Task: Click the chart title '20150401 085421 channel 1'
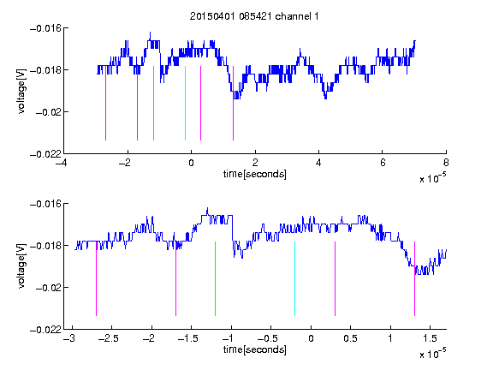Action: [x=254, y=16]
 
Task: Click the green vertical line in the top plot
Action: [x=153, y=103]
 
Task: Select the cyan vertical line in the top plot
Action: [x=185, y=103]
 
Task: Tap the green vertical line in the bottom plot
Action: [x=215, y=278]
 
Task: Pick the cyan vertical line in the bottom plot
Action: [x=294, y=278]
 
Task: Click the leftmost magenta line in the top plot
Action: [x=105, y=103]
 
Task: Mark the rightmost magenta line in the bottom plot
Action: [x=414, y=278]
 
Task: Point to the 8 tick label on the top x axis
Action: [x=446, y=163]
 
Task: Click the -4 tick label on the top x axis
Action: [x=61, y=163]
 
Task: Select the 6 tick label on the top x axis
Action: [x=383, y=163]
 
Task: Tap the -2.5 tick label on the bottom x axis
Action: [x=108, y=338]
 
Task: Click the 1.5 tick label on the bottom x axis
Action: [x=430, y=338]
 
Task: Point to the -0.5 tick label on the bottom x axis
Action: [x=268, y=338]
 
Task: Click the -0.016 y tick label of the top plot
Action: [x=45, y=28]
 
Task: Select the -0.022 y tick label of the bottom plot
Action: [x=45, y=330]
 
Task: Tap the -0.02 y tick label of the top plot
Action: [x=49, y=112]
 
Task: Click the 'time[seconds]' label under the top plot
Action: [x=255, y=174]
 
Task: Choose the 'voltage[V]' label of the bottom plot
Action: [x=21, y=266]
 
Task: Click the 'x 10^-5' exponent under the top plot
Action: [x=432, y=178]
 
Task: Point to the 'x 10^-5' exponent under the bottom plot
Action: [x=432, y=354]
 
